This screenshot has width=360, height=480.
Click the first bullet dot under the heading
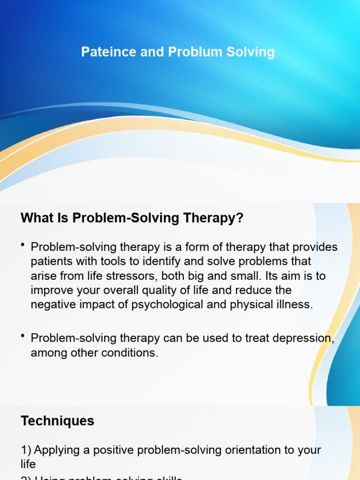pyautogui.click(x=23, y=245)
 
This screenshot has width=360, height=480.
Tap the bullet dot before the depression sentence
pyautogui.click(x=23, y=336)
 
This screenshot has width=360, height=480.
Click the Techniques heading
pyautogui.click(x=57, y=421)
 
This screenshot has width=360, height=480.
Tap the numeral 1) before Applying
pyautogui.click(x=26, y=450)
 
